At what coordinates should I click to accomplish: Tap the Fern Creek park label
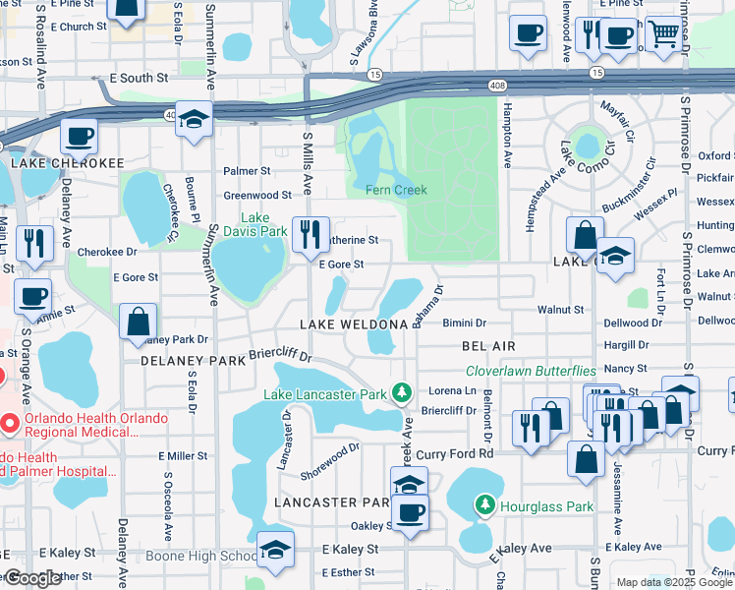coord(396,190)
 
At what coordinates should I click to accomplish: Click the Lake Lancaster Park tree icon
coord(401,394)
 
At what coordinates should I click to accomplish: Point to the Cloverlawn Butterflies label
coord(531,371)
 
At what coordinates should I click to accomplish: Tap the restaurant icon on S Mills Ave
coord(311,234)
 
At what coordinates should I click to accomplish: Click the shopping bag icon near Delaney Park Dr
coord(138,321)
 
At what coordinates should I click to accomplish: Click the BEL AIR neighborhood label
coord(488,346)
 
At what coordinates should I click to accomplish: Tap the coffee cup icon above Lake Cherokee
coord(79,136)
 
